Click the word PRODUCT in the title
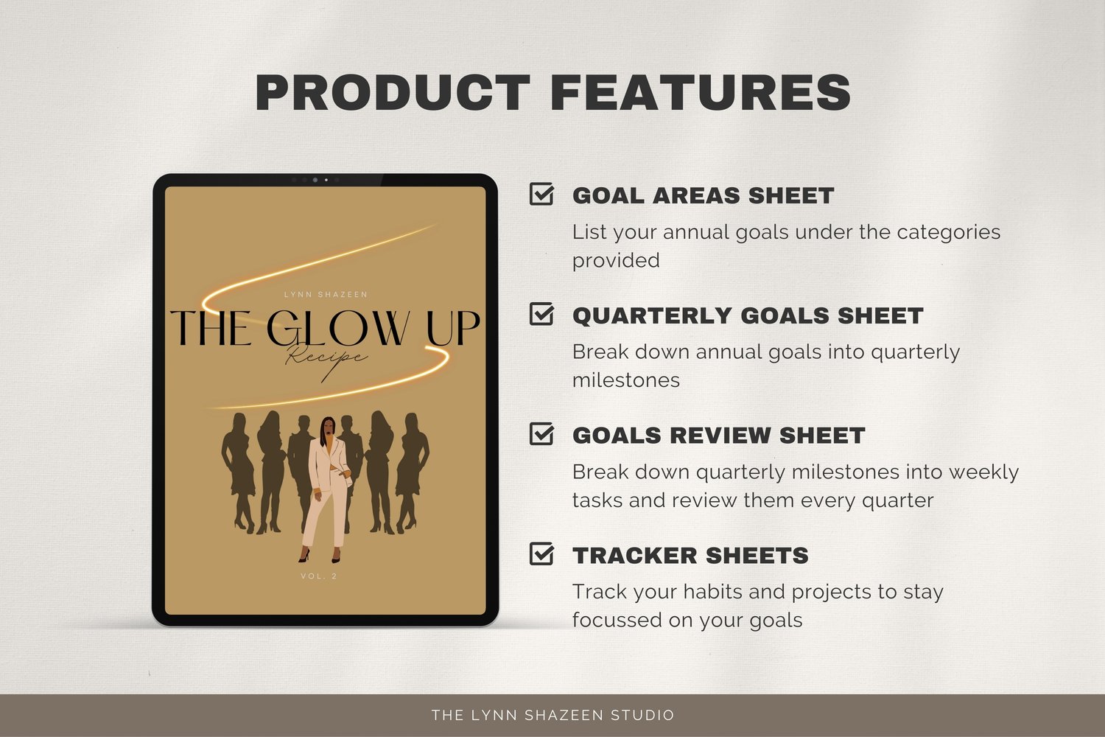point(393,92)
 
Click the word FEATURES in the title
point(701,92)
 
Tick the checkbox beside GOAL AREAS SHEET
point(541,194)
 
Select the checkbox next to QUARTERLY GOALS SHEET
point(541,313)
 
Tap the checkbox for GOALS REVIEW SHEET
point(541,433)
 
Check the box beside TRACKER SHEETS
point(541,553)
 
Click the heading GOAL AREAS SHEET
point(703,195)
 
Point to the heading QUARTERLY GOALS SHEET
point(748,315)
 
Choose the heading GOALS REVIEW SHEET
point(719,436)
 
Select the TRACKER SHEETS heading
point(690,556)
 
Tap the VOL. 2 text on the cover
point(319,576)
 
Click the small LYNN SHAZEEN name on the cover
point(326,295)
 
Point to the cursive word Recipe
point(326,358)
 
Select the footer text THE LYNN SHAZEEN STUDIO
point(553,715)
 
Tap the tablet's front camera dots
point(316,180)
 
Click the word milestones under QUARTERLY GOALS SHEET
point(626,380)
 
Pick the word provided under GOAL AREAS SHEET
point(616,261)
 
